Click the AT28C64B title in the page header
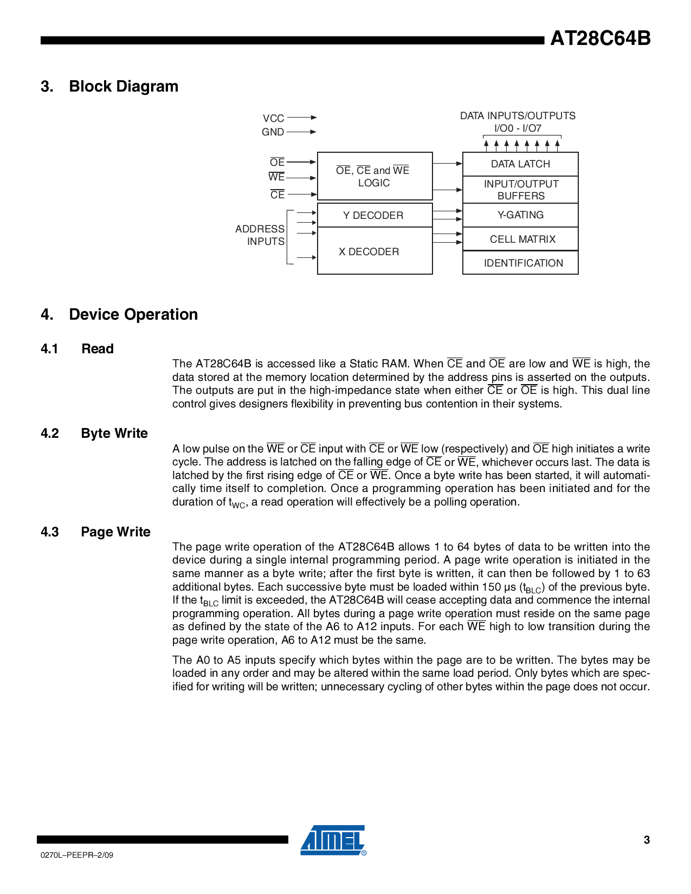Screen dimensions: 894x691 point(600,38)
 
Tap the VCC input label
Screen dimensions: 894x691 point(273,118)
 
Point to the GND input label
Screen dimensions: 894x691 point(273,132)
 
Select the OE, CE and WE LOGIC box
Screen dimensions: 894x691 point(374,176)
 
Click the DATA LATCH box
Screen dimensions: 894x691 point(520,164)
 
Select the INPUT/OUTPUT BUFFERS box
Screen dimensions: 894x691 point(520,190)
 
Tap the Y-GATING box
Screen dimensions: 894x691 point(520,215)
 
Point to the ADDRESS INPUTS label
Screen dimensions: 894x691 point(260,235)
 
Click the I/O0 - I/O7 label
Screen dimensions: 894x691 point(518,128)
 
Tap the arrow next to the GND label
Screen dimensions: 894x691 point(302,132)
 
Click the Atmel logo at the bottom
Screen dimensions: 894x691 point(333,840)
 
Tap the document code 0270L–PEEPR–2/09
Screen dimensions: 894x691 point(77,855)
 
